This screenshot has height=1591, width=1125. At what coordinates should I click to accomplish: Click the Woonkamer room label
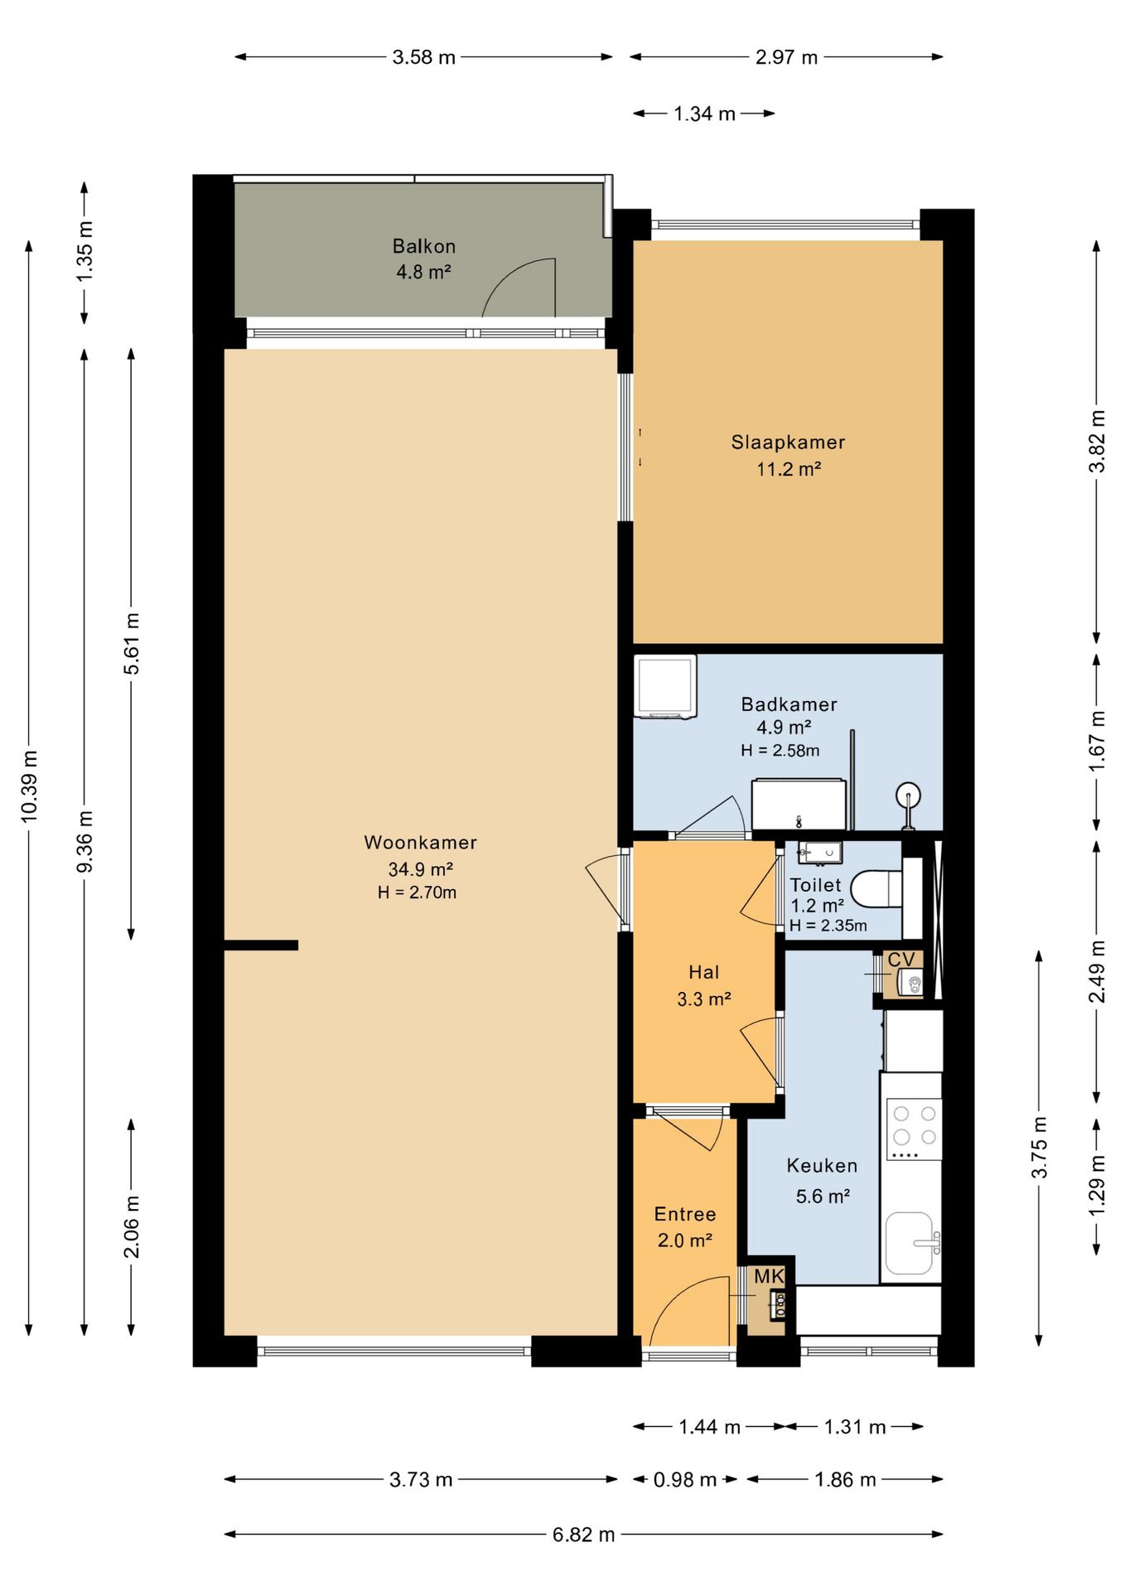pyautogui.click(x=421, y=843)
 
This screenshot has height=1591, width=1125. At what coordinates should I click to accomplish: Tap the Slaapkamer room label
pyautogui.click(x=788, y=442)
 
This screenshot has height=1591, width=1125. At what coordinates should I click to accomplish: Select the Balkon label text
pyautogui.click(x=424, y=246)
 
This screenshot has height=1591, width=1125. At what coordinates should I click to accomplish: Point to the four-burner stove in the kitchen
pyautogui.click(x=915, y=1128)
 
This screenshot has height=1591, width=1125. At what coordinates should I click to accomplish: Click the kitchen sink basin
pyautogui.click(x=910, y=1243)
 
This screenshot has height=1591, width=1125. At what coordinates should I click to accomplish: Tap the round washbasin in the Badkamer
pyautogui.click(x=909, y=796)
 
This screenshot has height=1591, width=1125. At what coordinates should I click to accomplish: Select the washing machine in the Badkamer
pyautogui.click(x=664, y=686)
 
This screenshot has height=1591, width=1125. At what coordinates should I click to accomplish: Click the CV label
pyautogui.click(x=901, y=960)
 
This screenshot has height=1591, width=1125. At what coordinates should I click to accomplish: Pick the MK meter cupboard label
pyautogui.click(x=769, y=1277)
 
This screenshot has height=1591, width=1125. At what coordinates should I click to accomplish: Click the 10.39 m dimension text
pyautogui.click(x=30, y=786)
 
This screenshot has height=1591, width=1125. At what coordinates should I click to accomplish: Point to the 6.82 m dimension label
pyautogui.click(x=584, y=1535)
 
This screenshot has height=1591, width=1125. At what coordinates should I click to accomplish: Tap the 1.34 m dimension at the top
pyautogui.click(x=705, y=114)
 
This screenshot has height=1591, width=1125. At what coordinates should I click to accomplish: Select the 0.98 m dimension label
pyautogui.click(x=685, y=1480)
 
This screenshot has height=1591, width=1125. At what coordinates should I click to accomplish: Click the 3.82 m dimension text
pyautogui.click(x=1097, y=442)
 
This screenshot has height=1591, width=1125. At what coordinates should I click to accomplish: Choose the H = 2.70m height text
pyautogui.click(x=418, y=892)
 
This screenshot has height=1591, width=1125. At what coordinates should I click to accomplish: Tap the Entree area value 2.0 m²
pyautogui.click(x=685, y=1240)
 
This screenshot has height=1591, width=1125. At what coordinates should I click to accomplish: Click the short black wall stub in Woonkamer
pyautogui.click(x=261, y=945)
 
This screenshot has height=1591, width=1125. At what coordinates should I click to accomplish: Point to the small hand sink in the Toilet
pyautogui.click(x=819, y=852)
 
